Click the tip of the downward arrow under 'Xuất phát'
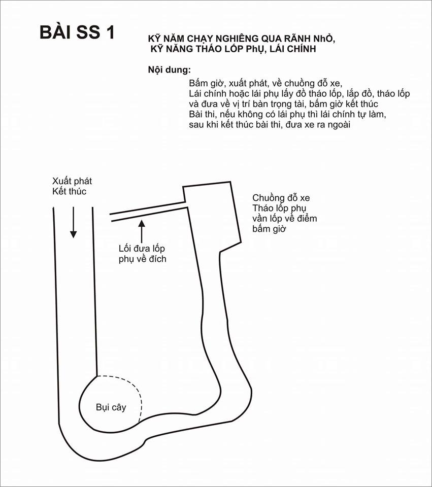tap(73, 238)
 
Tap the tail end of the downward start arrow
tap(73, 207)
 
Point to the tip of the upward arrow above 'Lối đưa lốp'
tap(142, 220)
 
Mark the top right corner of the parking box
tap(230, 182)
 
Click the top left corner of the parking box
tap(183, 187)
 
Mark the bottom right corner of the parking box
tap(241, 242)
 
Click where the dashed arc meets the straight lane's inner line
tap(97, 376)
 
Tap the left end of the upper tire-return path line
tap(110, 214)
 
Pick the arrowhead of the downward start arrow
tap(73, 234)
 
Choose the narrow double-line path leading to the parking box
tap(148, 212)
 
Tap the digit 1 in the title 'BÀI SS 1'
tap(110, 32)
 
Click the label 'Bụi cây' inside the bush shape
tap(111, 407)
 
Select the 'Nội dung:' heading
tap(170, 69)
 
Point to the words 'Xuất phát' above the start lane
tap(72, 181)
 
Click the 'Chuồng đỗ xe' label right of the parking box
tap(281, 198)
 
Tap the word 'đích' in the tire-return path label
tap(157, 259)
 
